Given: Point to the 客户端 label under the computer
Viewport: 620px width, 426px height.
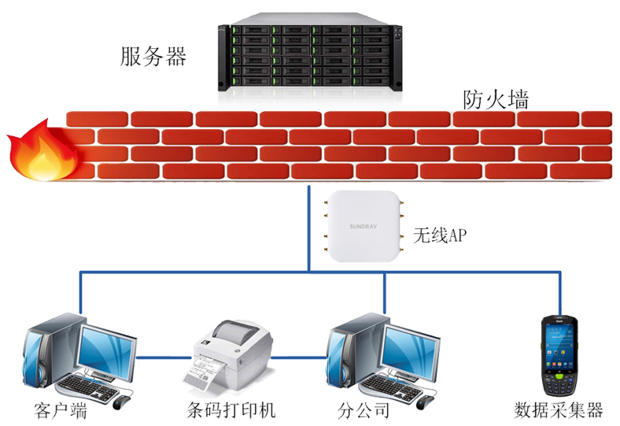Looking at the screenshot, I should (59, 410).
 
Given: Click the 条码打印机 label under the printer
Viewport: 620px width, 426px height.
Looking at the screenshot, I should (232, 410).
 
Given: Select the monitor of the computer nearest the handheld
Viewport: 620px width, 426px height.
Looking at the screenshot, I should (411, 347).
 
